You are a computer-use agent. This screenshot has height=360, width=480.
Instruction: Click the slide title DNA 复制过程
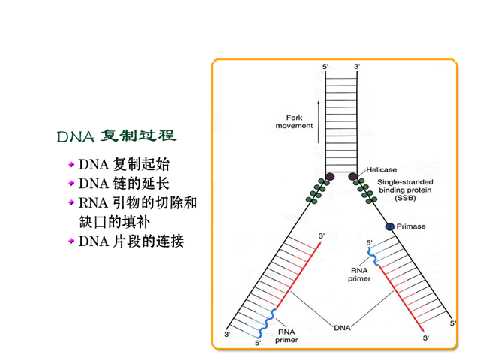click(117, 136)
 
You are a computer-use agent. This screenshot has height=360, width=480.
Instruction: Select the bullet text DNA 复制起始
click(124, 164)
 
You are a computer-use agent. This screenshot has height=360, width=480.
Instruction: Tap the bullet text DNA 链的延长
click(124, 184)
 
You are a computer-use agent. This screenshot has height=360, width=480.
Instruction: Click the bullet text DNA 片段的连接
click(131, 241)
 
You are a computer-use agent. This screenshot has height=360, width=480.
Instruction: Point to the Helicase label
click(382, 170)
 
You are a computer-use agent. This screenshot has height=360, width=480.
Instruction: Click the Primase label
click(411, 226)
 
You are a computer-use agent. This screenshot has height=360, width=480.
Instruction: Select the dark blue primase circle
click(390, 226)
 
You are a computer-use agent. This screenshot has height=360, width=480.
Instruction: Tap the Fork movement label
click(294, 121)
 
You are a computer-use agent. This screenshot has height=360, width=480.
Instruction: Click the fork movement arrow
click(318, 122)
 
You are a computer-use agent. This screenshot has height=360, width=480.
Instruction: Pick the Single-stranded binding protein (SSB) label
click(405, 190)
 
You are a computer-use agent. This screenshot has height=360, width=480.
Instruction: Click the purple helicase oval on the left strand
click(330, 177)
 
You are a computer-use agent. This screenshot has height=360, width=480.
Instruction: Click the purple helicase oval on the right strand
click(353, 177)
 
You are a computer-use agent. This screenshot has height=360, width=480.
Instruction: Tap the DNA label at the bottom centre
click(342, 328)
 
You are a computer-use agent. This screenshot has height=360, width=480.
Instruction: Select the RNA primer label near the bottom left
click(286, 336)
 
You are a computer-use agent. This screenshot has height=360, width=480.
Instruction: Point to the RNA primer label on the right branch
click(359, 274)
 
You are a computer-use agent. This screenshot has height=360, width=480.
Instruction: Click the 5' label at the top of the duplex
click(325, 67)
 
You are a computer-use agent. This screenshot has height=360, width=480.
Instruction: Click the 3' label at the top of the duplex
click(357, 67)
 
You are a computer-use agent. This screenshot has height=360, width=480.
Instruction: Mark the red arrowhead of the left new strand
click(319, 244)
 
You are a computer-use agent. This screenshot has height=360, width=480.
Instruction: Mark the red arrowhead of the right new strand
click(421, 329)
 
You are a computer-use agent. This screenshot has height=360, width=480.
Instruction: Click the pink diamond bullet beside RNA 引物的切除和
click(71, 202)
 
